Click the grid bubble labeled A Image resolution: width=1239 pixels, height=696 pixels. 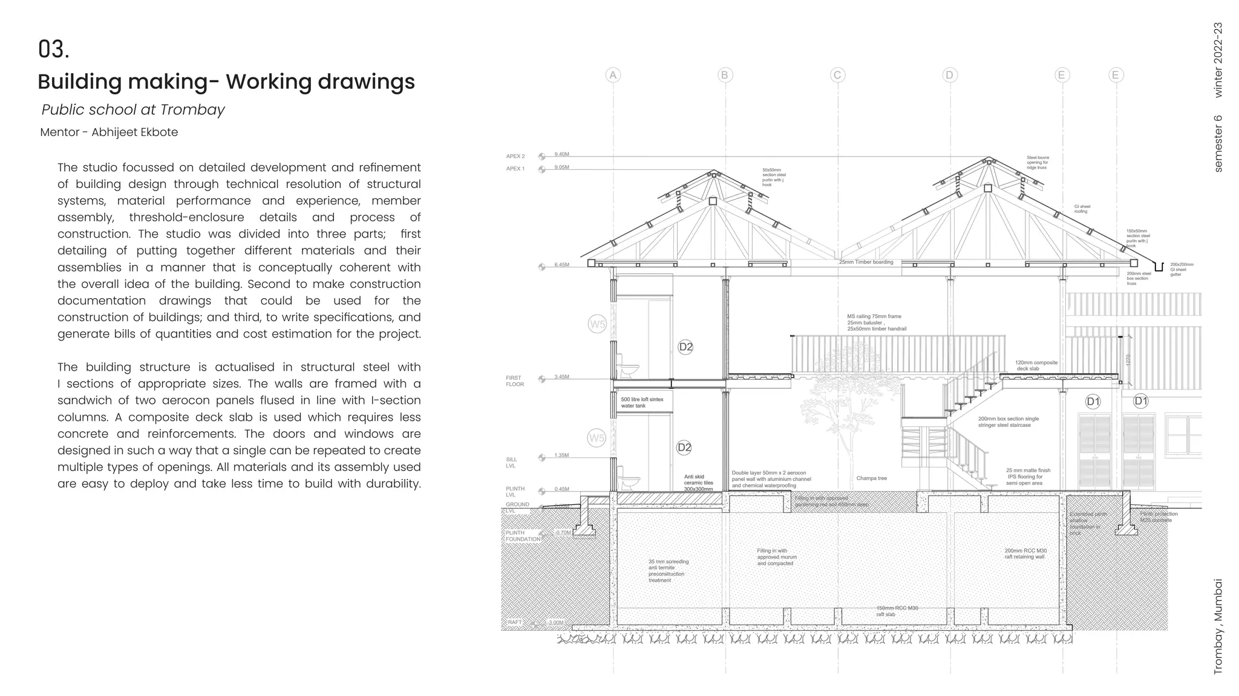click(x=613, y=75)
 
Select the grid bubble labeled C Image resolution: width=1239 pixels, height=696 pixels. click(x=837, y=75)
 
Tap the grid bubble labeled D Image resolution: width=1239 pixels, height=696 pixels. click(x=949, y=75)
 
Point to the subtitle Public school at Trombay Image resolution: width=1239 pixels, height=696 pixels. click(x=133, y=109)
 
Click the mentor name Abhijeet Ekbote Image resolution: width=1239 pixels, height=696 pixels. click(x=134, y=132)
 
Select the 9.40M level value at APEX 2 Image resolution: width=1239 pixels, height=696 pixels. click(x=561, y=155)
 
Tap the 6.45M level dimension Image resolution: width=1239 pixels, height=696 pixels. click(x=561, y=265)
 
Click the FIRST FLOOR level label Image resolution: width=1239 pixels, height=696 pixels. click(x=515, y=381)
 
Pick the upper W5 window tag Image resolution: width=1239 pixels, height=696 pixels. click(x=597, y=324)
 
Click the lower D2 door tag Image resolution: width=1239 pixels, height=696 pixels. click(x=684, y=447)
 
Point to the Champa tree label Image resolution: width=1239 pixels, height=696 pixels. click(x=871, y=478)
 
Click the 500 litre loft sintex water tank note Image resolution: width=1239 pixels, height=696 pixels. click(x=642, y=403)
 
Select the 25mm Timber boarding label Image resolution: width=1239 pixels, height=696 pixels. click(x=866, y=262)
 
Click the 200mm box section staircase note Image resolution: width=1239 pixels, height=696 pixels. click(x=1008, y=421)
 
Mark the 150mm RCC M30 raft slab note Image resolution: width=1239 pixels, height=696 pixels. click(x=897, y=611)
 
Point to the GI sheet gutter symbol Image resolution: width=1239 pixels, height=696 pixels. click(x=1159, y=267)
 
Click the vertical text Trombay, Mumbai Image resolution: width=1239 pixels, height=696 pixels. click(x=1218, y=626)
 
